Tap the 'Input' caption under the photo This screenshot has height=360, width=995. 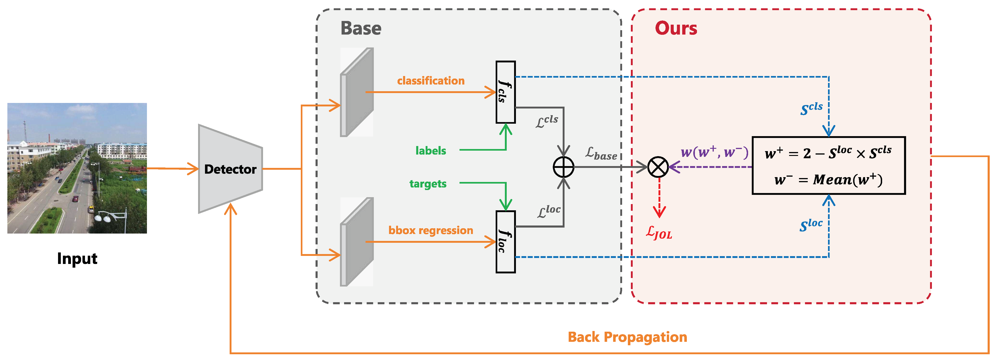pyautogui.click(x=77, y=258)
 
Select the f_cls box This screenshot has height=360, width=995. pyautogui.click(x=505, y=92)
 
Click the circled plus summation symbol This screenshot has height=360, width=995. pyautogui.click(x=564, y=167)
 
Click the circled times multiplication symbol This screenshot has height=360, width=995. pyautogui.click(x=658, y=167)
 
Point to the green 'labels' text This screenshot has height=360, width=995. pyautogui.click(x=431, y=151)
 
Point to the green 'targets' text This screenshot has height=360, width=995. pyautogui.click(x=428, y=184)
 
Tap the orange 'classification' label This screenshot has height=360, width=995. pyautogui.click(x=431, y=81)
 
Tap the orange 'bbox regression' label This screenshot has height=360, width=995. pyautogui.click(x=431, y=231)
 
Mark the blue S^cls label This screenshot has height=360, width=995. pyautogui.click(x=811, y=108)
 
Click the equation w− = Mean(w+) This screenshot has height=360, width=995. pyautogui.click(x=828, y=180)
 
